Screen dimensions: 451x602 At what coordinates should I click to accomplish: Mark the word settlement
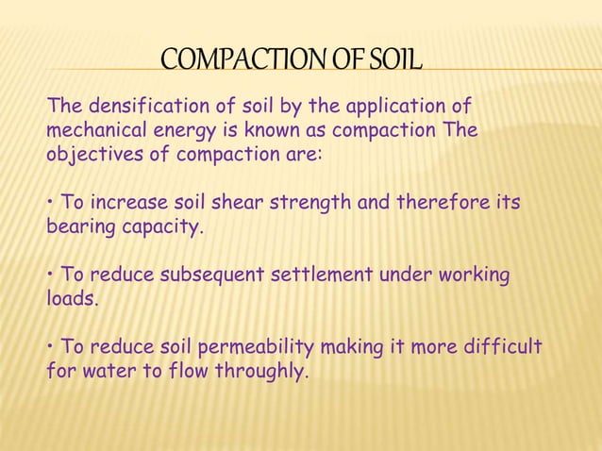coord(322,276)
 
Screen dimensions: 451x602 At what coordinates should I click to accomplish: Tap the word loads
coord(71,300)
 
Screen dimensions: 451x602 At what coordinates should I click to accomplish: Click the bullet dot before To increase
coord(49,203)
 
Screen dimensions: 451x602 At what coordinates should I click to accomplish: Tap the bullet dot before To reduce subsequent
coord(49,276)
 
